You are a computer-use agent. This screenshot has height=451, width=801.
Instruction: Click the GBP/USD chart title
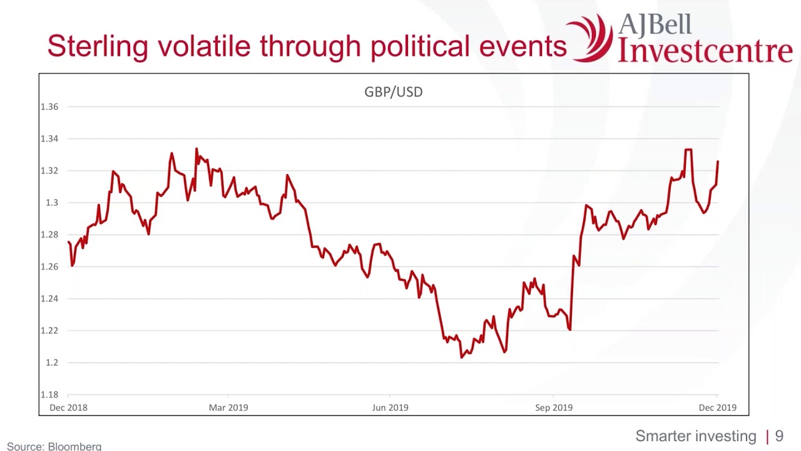[393, 92]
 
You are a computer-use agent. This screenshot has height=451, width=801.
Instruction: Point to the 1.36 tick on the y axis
[49, 106]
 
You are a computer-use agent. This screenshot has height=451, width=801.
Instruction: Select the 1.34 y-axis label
[49, 138]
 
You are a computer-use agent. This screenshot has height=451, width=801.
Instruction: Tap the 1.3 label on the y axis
[51, 202]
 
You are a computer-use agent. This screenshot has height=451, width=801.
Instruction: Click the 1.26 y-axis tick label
[49, 266]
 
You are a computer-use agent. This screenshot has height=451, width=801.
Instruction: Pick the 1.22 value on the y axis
[49, 330]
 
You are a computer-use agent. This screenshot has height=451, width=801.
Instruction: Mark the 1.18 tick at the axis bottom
[49, 395]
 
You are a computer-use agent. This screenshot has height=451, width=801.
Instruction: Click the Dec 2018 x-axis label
[68, 408]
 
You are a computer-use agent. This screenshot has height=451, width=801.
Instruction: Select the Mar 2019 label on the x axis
[228, 408]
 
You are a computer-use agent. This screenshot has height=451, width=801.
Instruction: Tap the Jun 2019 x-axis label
[390, 408]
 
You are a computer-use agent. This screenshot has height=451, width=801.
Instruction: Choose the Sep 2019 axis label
[553, 408]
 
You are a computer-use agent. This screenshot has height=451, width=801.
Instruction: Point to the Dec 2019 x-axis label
[717, 408]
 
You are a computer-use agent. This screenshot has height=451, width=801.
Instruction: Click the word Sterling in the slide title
[98, 47]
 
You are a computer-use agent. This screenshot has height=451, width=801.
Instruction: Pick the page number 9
[779, 436]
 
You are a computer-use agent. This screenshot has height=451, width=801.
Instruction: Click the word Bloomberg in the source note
[74, 447]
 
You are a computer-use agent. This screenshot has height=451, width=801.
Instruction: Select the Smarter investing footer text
[696, 436]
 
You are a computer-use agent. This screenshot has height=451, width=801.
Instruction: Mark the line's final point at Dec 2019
[718, 162]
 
